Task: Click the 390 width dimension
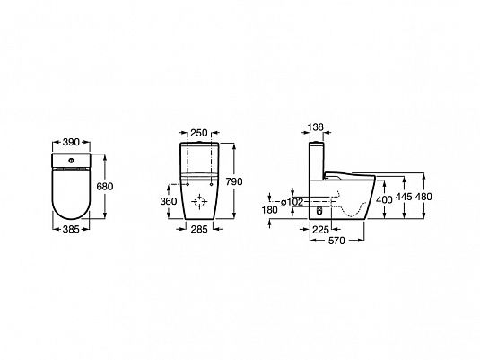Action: (x=71, y=142)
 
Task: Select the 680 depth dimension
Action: (x=105, y=186)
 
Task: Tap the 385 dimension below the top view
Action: (x=71, y=229)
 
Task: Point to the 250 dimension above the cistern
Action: (x=199, y=133)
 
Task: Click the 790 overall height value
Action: (x=234, y=181)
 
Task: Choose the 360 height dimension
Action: (x=169, y=201)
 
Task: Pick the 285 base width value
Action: (x=199, y=229)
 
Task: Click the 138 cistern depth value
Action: (x=315, y=127)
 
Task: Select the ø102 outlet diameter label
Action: (x=292, y=202)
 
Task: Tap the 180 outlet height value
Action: (x=270, y=210)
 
